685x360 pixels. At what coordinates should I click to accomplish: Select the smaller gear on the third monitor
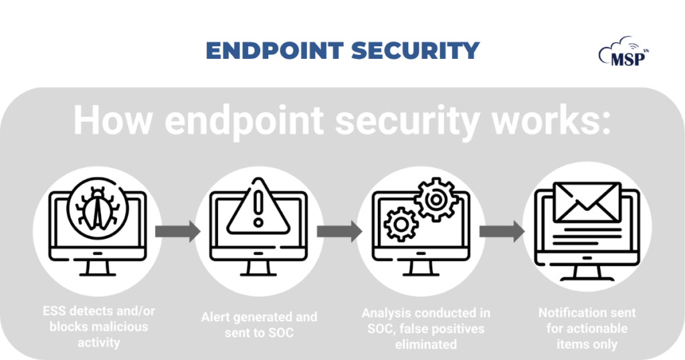point(401,223)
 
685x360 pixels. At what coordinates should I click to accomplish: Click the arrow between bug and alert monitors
point(177,232)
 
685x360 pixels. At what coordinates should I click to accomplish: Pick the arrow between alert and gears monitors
point(339,232)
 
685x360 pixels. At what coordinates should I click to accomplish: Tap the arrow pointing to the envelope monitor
point(502,232)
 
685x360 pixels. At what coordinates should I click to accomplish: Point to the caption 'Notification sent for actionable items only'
point(587,328)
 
